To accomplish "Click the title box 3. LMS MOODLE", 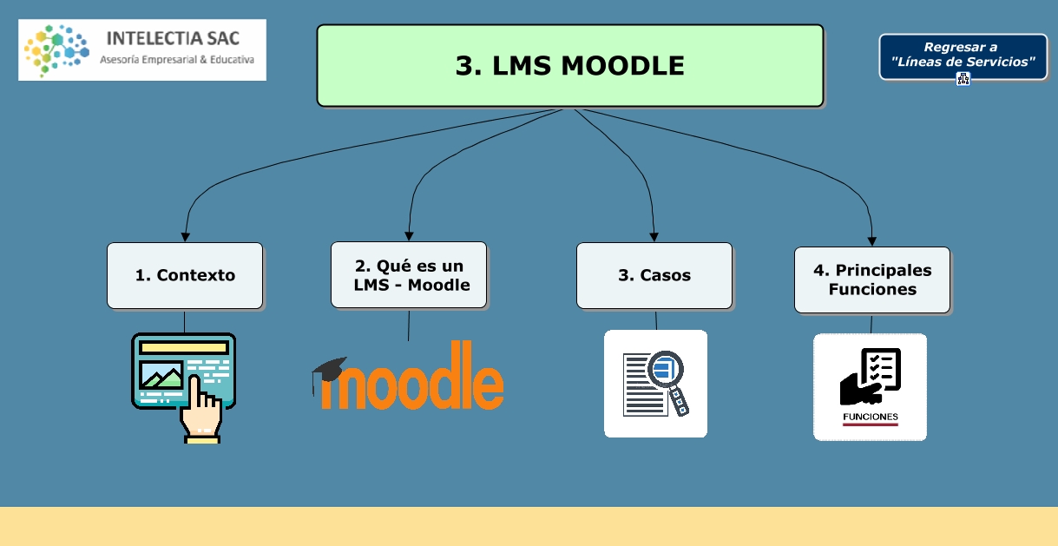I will click(x=569, y=66).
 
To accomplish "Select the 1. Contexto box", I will click(x=185, y=275).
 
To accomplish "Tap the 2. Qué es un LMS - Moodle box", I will click(x=409, y=274).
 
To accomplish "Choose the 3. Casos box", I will click(x=654, y=275).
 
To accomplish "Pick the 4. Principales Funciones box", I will click(x=872, y=280).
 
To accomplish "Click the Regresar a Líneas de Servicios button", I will click(x=963, y=55).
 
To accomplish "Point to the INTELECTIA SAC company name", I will click(x=172, y=38).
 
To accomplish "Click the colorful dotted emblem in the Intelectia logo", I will click(x=56, y=49).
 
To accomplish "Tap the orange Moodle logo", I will click(x=417, y=379).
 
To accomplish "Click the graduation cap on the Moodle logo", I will click(x=329, y=370).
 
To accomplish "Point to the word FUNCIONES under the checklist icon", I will click(x=870, y=417).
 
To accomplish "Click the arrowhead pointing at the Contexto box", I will click(x=185, y=236).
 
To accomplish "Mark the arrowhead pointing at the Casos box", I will click(x=655, y=236).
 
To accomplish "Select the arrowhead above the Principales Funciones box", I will click(x=872, y=240).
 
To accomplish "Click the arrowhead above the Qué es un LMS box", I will click(x=410, y=235).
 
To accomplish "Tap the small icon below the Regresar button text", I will click(x=963, y=79).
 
